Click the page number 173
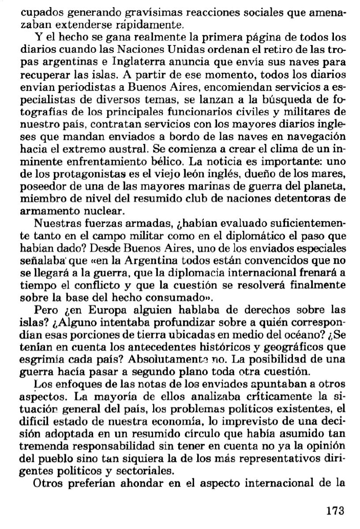tap(335, 511)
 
